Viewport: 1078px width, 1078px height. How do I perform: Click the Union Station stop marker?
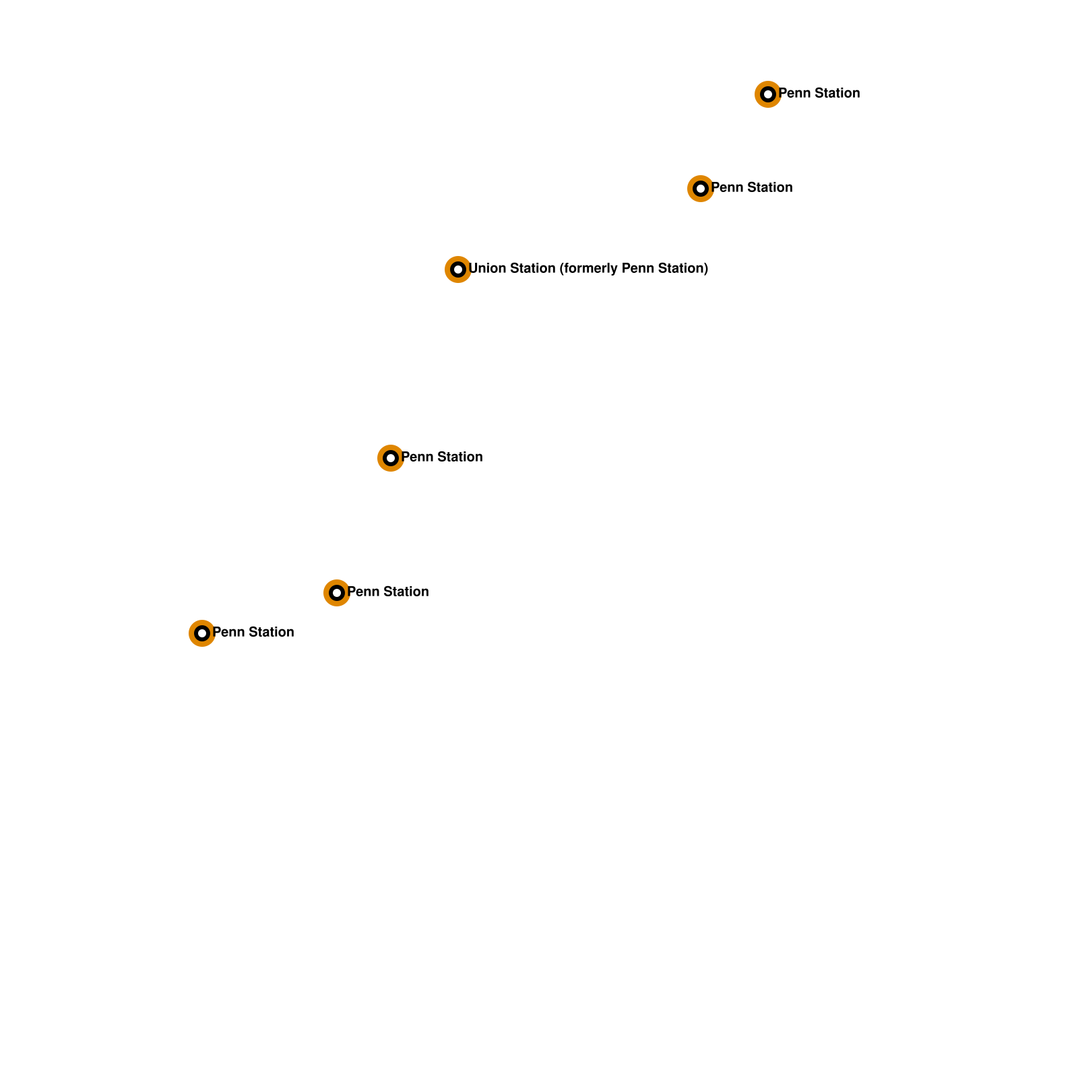coord(457,269)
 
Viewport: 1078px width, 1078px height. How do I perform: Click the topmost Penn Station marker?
coord(767,94)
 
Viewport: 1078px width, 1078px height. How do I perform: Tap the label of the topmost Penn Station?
coord(819,94)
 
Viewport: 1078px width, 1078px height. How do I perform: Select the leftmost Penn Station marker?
coord(201,633)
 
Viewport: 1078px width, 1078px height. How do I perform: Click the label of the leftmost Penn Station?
coord(253,633)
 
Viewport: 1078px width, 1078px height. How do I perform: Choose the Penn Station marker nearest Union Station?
coord(390,458)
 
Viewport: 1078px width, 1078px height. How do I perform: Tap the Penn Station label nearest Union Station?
coord(442,457)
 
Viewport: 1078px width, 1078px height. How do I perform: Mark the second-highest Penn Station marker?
coord(700,189)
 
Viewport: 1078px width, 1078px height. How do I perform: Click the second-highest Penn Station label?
coord(752,188)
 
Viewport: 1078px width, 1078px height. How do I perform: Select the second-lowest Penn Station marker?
coord(336,593)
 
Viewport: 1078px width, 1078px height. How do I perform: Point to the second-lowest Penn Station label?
coord(388,592)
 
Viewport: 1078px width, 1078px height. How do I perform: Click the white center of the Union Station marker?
coord(457,269)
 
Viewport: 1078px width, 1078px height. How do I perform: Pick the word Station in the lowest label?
coord(272,633)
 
